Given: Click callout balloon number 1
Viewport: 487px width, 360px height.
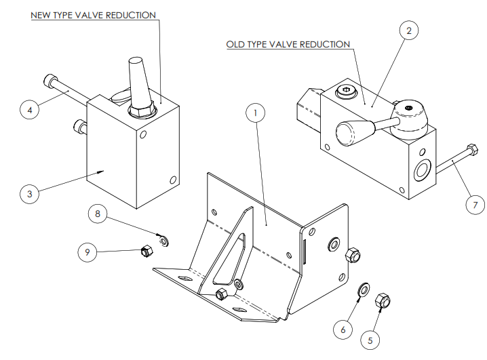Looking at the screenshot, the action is [x=255, y=113].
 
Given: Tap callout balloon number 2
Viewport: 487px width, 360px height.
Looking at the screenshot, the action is [x=409, y=31].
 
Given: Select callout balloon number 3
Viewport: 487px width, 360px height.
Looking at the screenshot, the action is [x=30, y=194].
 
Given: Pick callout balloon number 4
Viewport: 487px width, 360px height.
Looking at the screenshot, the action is [x=30, y=110].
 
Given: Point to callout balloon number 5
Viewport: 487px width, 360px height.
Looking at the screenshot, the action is [x=370, y=340].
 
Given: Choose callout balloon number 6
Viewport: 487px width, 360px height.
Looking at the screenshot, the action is [x=343, y=329].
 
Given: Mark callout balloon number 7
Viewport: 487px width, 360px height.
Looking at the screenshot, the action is [x=475, y=205].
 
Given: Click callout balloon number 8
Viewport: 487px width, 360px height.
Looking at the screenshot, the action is [x=98, y=214].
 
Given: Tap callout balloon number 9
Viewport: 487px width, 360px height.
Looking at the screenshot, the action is [x=87, y=252].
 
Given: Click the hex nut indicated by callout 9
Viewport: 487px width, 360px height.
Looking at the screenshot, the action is [x=147, y=251].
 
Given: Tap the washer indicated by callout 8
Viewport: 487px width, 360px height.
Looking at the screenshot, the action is [x=163, y=241].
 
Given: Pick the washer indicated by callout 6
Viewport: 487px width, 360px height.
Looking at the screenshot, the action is [x=364, y=289].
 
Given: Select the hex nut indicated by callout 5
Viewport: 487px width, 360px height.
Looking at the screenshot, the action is [x=383, y=300].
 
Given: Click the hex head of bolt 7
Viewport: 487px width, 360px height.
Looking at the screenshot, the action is [x=472, y=149].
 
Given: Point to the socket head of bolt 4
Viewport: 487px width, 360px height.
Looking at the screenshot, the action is [x=49, y=81].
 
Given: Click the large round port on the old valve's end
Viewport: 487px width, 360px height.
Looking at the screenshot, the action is [x=423, y=169].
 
